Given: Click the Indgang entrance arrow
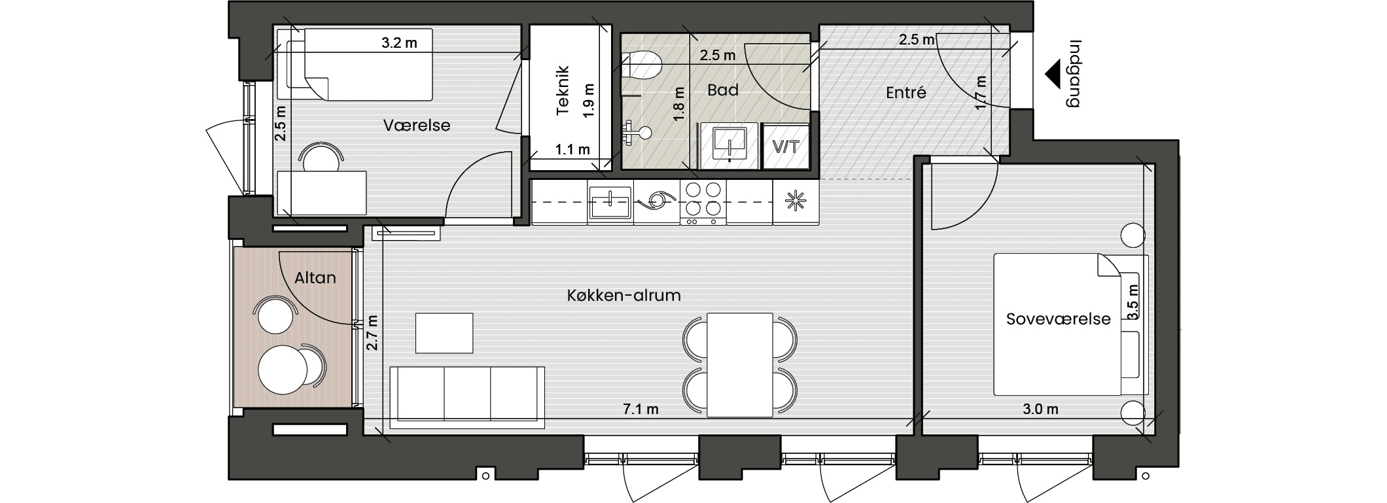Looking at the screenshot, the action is (x=1052, y=74).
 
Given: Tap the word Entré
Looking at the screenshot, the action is (x=906, y=93).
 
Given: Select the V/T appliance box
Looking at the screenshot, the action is (x=786, y=146).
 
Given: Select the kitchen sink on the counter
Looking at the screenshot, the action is (x=610, y=201).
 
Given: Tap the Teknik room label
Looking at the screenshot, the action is (x=563, y=91).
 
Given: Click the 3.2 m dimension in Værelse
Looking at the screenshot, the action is (x=399, y=44).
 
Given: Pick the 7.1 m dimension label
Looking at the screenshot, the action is (x=641, y=409).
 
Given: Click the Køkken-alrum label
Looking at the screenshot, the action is (x=623, y=296).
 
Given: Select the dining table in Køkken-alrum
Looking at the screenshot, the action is (x=740, y=365).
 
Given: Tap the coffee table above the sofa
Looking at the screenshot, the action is (x=444, y=333).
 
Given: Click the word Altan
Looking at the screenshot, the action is (x=315, y=278).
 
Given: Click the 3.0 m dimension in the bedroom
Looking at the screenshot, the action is (x=1040, y=409).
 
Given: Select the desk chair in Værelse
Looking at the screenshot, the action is (x=321, y=157).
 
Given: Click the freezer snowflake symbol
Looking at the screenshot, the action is (x=796, y=201).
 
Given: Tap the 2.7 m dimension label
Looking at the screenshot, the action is (x=372, y=332).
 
